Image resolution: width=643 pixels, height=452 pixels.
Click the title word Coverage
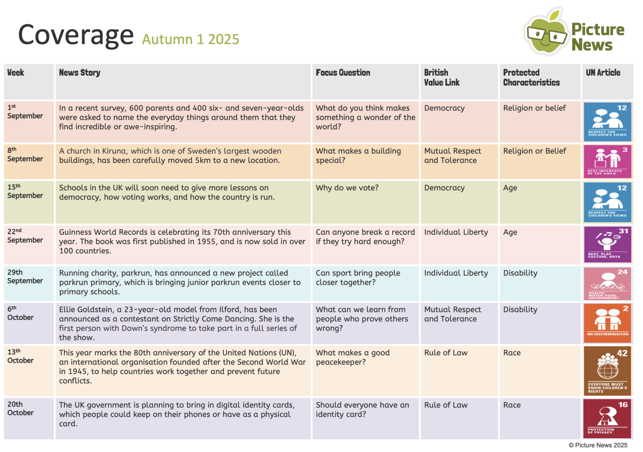[x=76, y=35]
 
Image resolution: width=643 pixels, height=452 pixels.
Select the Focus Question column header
[x=343, y=73]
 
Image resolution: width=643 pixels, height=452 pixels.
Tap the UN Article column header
[x=603, y=73]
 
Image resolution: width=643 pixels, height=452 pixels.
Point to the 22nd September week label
[x=25, y=236]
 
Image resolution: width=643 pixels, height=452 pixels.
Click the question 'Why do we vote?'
[x=347, y=188]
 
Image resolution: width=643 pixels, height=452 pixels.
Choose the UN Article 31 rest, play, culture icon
[x=607, y=244]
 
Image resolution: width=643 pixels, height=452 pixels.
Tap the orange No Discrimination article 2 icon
[x=607, y=323]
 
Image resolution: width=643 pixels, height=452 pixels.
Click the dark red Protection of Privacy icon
[x=607, y=418]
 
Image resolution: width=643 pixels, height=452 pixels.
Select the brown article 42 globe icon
[x=607, y=371]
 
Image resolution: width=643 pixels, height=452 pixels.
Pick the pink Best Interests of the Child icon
[x=607, y=162]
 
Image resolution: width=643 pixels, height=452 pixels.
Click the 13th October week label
[x=20, y=356]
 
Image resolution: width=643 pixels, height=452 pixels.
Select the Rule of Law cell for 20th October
[x=445, y=405]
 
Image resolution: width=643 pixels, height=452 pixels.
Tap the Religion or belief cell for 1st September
[x=534, y=108]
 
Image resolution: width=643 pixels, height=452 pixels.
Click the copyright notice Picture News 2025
[x=598, y=445]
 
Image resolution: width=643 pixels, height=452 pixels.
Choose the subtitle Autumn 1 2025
[x=190, y=40]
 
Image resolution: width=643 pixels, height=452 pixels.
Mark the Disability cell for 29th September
[x=520, y=273]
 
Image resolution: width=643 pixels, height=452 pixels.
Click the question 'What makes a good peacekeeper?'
[x=352, y=357]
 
